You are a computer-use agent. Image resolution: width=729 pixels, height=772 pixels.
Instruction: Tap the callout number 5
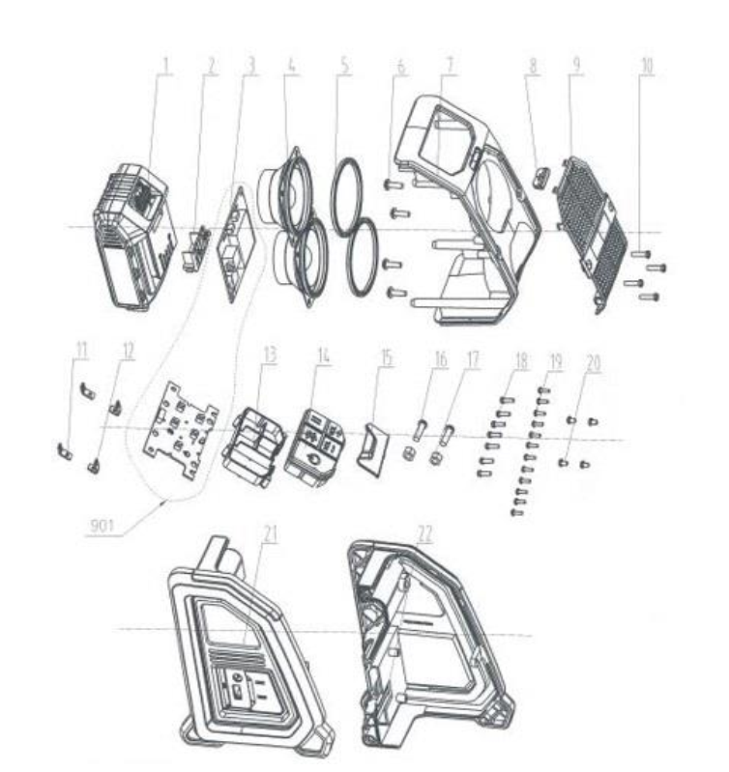[345, 66]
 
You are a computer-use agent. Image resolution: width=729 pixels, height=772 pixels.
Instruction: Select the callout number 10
[647, 67]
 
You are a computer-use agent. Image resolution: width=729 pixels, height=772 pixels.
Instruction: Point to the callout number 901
[102, 526]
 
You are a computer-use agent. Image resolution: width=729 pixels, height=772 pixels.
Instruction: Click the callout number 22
[424, 534]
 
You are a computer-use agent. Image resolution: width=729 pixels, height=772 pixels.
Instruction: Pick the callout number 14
[323, 356]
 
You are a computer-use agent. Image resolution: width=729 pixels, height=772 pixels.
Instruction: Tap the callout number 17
[473, 359]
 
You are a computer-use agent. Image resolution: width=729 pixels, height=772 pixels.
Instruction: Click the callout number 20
[594, 363]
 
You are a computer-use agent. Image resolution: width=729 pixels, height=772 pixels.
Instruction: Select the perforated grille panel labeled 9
[591, 234]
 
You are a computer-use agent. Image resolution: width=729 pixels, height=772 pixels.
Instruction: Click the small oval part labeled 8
[541, 176]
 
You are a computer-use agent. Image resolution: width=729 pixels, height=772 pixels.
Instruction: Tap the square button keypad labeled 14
[315, 446]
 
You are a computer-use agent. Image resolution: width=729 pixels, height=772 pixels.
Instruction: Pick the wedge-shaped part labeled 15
[372, 449]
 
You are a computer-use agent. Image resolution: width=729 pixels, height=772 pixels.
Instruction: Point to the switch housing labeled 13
[253, 445]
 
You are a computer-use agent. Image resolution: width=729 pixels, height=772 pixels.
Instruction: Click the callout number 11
[80, 350]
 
